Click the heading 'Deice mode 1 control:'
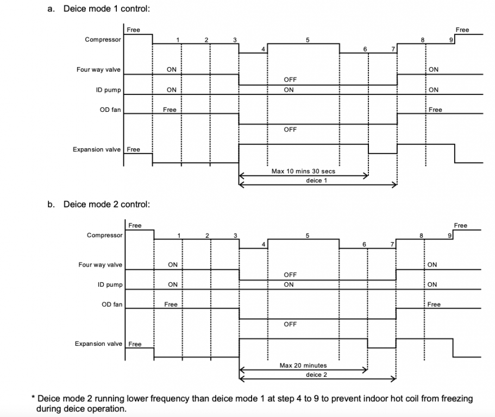click(x=106, y=9)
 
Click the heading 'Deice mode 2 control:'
click(x=106, y=204)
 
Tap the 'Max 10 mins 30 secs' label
click(x=303, y=171)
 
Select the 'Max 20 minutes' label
click(x=303, y=365)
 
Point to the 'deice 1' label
click(x=317, y=180)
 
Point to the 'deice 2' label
click(x=317, y=375)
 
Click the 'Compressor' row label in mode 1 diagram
click(x=103, y=40)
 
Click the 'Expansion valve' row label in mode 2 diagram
click(x=98, y=344)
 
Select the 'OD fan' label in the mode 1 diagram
click(x=110, y=110)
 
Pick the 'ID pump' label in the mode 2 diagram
click(x=111, y=285)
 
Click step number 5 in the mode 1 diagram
click(x=308, y=40)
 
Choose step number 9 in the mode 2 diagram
click(x=449, y=235)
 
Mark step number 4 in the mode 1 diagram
click(x=263, y=49)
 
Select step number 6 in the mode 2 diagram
click(x=364, y=244)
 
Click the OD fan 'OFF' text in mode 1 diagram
click(x=290, y=129)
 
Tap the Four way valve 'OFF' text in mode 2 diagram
click(x=290, y=275)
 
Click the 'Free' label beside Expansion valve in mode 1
click(x=133, y=149)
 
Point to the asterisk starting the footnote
click(x=33, y=399)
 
